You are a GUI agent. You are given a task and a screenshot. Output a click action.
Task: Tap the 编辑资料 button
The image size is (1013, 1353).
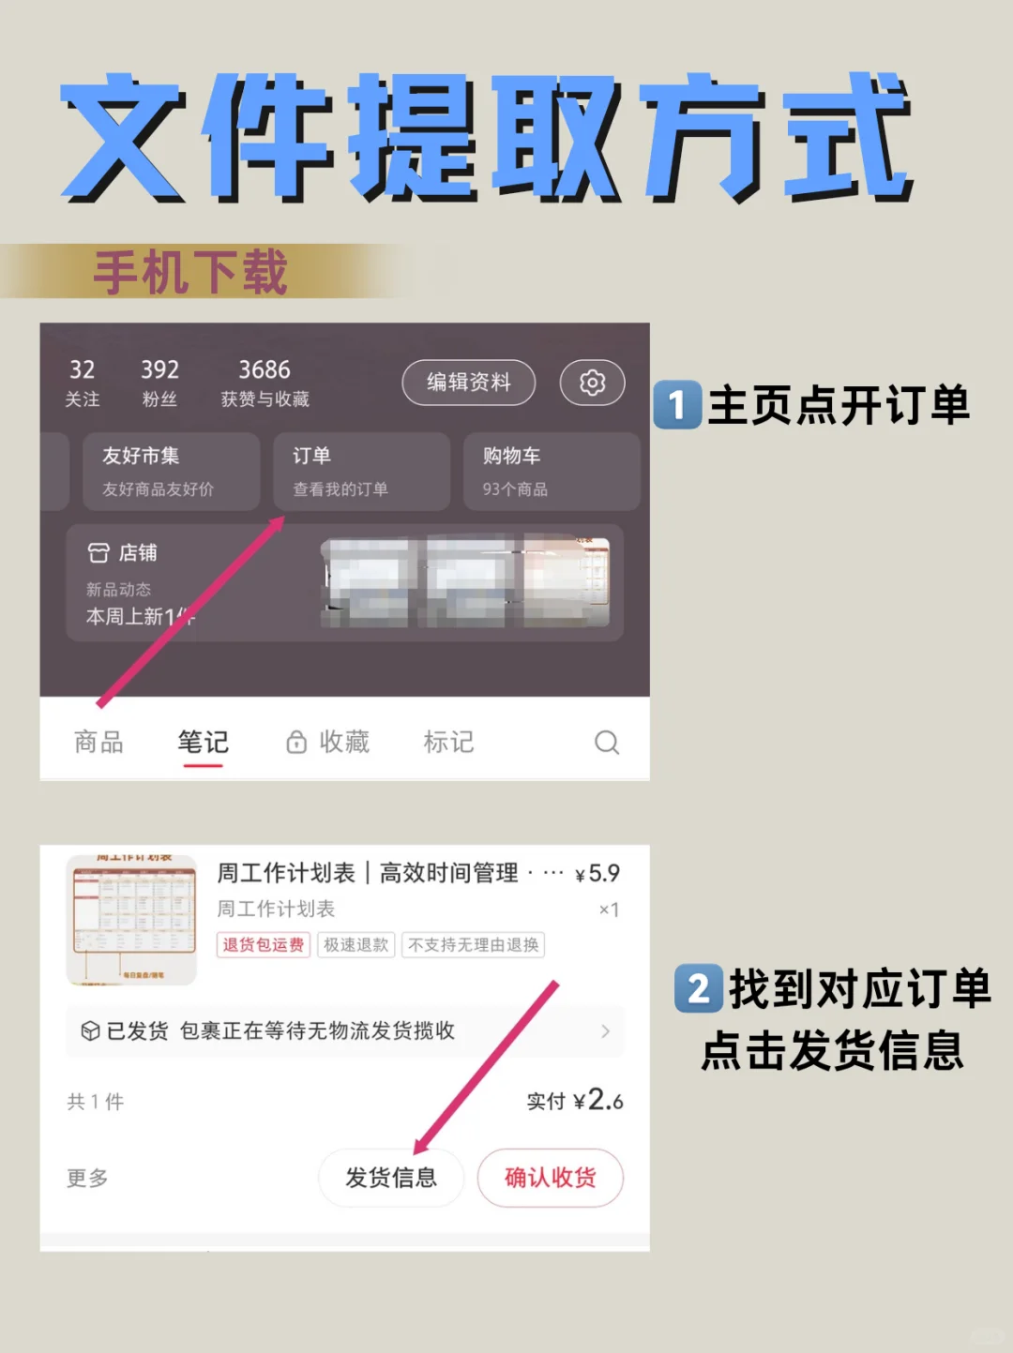point(468,383)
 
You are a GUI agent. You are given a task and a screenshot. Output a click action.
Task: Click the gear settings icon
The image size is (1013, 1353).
point(592,383)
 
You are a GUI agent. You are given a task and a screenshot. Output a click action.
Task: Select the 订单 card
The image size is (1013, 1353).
point(361,472)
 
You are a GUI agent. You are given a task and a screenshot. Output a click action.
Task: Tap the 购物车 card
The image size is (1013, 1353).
point(551,472)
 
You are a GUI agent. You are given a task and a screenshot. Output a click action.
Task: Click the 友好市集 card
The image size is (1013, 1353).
point(171,472)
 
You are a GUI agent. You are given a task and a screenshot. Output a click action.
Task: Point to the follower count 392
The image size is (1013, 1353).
point(159,370)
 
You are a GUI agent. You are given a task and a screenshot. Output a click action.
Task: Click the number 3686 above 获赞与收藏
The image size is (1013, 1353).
point(265,370)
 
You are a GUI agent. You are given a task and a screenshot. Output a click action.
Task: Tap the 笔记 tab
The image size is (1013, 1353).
point(203,743)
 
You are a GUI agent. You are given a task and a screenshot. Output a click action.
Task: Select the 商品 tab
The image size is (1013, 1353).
point(98,743)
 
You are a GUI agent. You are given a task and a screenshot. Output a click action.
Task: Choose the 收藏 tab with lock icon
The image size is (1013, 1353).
point(328,743)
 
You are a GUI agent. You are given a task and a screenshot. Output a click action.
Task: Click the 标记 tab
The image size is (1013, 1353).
point(448,743)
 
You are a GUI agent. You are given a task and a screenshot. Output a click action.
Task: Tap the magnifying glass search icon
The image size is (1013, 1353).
point(607,743)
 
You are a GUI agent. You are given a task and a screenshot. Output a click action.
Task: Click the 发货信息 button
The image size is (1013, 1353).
point(391,1178)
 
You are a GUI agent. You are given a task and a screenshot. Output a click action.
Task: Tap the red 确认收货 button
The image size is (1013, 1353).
point(551,1178)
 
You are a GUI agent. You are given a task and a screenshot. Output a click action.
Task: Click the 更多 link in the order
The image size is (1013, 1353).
point(87,1178)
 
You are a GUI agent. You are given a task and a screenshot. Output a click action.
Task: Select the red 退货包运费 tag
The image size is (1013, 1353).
point(263,945)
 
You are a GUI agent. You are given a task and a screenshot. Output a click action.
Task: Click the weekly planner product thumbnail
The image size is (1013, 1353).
point(131,920)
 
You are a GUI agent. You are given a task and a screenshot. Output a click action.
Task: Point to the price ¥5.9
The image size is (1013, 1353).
point(597,874)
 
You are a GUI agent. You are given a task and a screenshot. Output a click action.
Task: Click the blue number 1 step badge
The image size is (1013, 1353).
point(677,405)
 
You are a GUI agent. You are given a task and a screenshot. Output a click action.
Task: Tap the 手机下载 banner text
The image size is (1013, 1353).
point(190,273)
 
